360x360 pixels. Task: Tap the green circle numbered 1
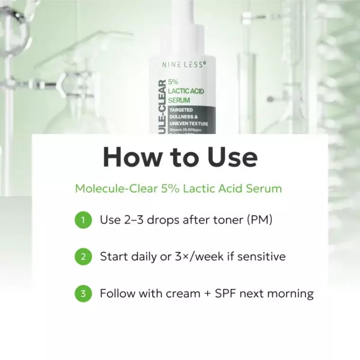point(83,220)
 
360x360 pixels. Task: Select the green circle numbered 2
point(83,257)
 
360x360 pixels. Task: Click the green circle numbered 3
point(83,294)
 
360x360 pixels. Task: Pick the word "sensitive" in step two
point(261,257)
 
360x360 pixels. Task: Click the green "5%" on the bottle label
point(173,82)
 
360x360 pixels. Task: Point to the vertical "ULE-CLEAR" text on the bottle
point(162,107)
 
